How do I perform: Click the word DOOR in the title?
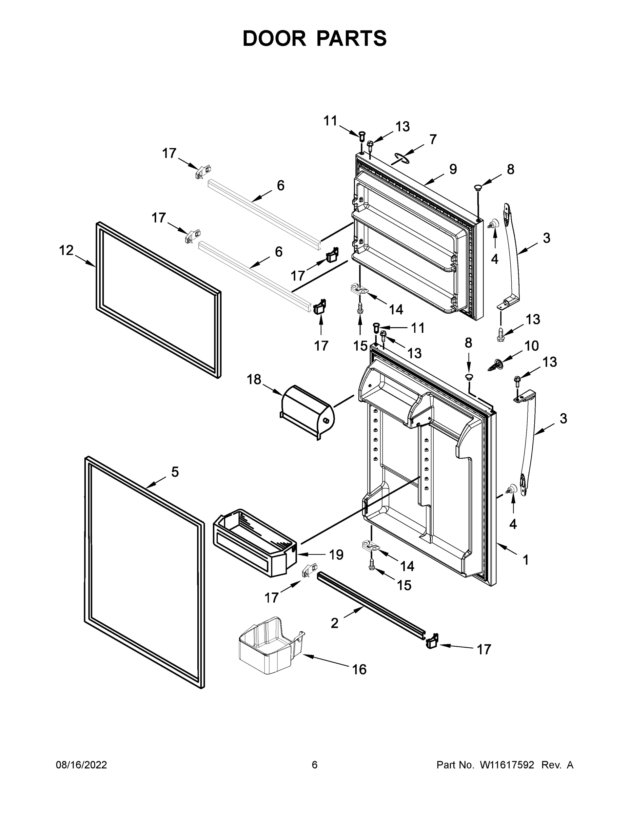tap(274, 38)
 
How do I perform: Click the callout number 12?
tap(66, 251)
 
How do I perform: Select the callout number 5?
tap(175, 472)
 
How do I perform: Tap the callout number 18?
tap(254, 380)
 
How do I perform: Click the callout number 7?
tap(432, 140)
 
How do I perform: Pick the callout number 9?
tap(453, 169)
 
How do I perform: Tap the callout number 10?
tap(531, 346)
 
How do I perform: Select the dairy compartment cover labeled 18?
tap(308, 412)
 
